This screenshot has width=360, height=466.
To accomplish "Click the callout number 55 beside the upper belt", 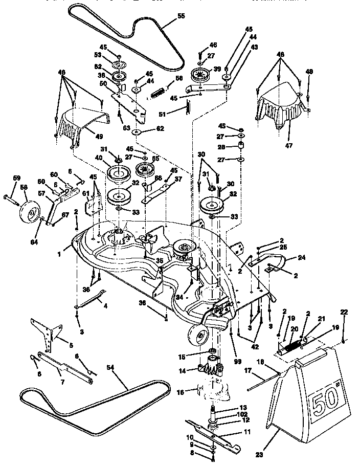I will pos(181,16).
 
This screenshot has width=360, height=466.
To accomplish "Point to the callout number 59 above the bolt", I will pos(16,178).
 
